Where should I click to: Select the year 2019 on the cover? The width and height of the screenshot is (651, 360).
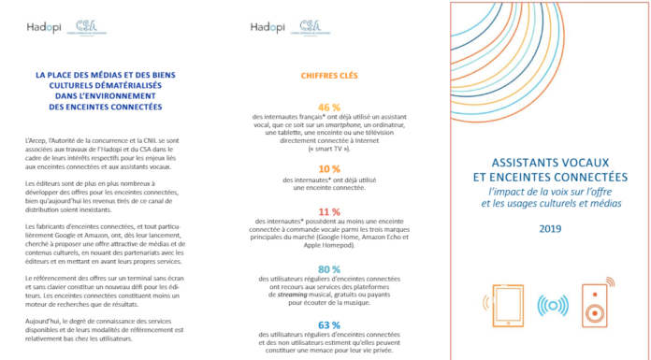(547, 227)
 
